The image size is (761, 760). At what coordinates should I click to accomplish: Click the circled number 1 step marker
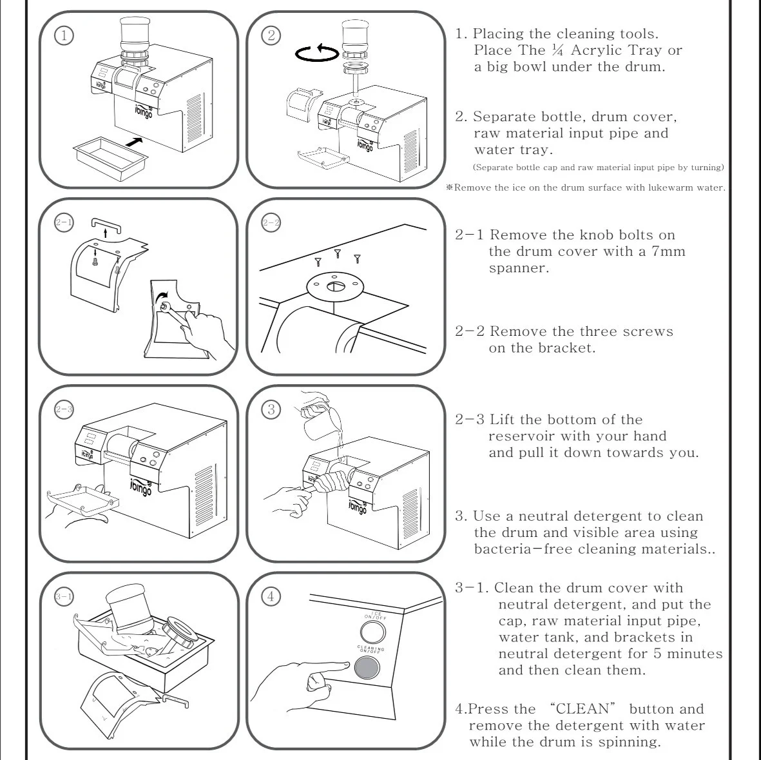(63, 35)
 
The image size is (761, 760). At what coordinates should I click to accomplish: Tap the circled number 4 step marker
(271, 596)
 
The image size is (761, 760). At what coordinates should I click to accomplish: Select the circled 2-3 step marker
(64, 409)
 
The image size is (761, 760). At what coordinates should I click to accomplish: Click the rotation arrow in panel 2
(316, 54)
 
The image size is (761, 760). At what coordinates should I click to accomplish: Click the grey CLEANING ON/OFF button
(367, 668)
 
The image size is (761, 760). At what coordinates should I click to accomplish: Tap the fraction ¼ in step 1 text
(557, 50)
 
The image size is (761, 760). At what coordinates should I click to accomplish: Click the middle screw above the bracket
(336, 253)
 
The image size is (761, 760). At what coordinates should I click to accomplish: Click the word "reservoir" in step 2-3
(521, 436)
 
